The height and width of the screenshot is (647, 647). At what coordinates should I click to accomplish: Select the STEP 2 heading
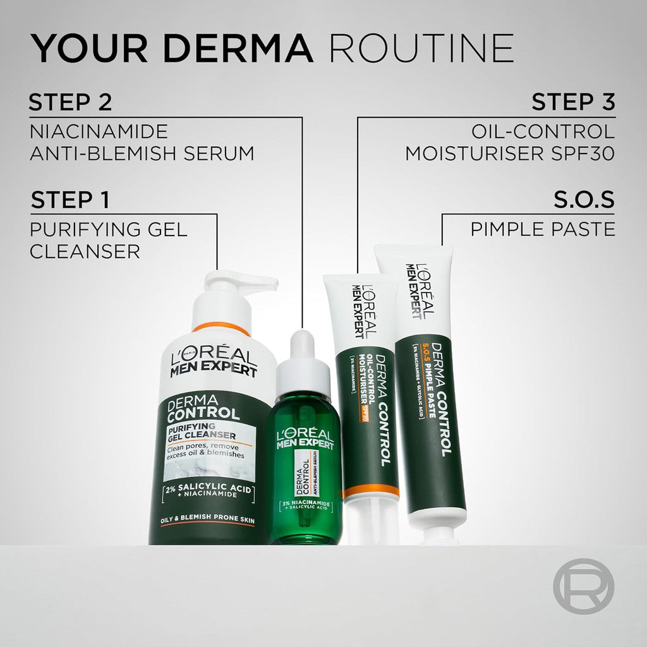pyautogui.click(x=70, y=102)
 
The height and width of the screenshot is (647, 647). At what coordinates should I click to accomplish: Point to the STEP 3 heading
pyautogui.click(x=573, y=102)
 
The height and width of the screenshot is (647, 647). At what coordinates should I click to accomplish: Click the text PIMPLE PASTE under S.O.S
pyautogui.click(x=542, y=229)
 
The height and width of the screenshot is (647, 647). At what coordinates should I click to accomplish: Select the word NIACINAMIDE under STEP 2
pyautogui.click(x=99, y=131)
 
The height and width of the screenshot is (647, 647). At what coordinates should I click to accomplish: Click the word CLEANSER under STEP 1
pyautogui.click(x=85, y=251)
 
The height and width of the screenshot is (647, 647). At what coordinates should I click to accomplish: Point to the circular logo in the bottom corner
pyautogui.click(x=583, y=586)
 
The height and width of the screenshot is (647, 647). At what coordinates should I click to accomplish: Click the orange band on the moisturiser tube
pyautogui.click(x=370, y=492)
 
